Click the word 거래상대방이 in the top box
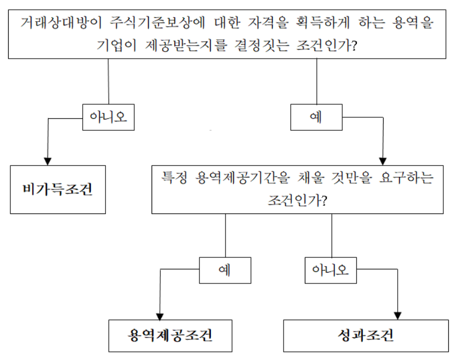click(61, 22)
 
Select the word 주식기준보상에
click(158, 22)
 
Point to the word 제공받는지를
click(186, 45)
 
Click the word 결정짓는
click(262, 45)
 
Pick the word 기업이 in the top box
click(117, 45)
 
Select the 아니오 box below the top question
click(108, 117)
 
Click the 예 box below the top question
click(316, 117)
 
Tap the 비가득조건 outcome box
click(58, 190)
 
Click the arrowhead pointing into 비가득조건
click(48, 161)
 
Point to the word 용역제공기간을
click(242, 178)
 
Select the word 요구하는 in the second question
click(406, 178)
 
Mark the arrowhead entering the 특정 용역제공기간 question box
click(382, 161)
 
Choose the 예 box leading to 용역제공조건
click(225, 270)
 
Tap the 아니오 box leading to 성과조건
click(331, 270)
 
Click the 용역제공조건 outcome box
click(170, 336)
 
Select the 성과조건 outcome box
click(366, 336)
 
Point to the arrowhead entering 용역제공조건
click(160, 316)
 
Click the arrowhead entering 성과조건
click(398, 316)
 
